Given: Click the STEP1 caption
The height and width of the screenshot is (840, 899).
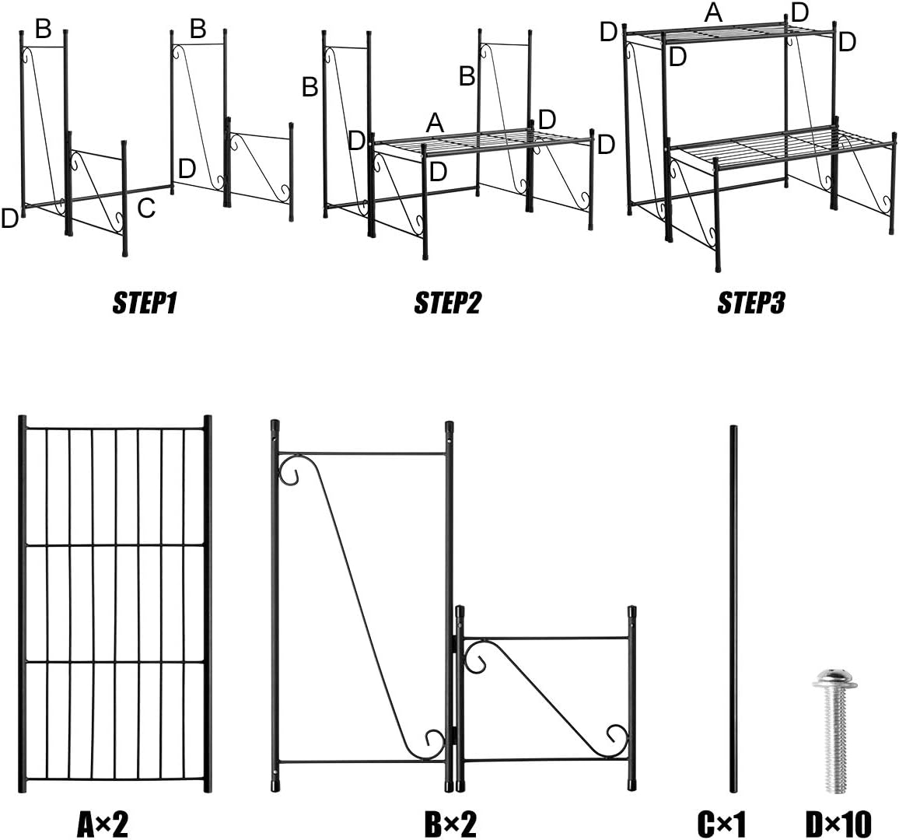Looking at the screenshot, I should click(x=145, y=303).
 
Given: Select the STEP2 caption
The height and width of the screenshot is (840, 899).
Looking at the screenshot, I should click(x=447, y=303).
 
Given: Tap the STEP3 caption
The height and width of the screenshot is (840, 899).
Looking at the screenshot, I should click(x=750, y=303).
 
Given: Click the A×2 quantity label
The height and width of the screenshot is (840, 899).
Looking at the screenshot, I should click(x=103, y=823).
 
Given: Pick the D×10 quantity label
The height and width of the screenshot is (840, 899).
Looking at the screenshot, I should click(x=838, y=823).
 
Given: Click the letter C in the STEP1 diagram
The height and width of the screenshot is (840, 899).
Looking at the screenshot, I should click(x=146, y=208).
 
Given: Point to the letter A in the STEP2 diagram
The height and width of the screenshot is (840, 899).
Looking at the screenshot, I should click(x=435, y=122).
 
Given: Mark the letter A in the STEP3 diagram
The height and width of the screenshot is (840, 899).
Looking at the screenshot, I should click(x=713, y=12).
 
